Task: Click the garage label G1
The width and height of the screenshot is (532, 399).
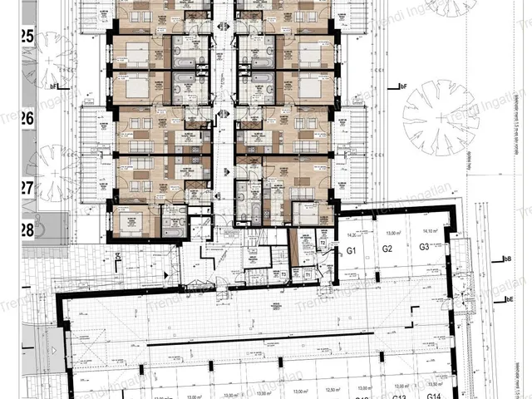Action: tap(351, 250)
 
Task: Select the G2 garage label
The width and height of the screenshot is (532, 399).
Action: tap(387, 249)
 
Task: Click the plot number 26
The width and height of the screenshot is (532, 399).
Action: tap(27, 119)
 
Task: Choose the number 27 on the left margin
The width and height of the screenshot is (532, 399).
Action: tap(27, 187)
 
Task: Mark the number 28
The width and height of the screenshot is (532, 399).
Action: tap(27, 228)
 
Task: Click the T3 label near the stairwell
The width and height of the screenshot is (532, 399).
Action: tap(283, 273)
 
